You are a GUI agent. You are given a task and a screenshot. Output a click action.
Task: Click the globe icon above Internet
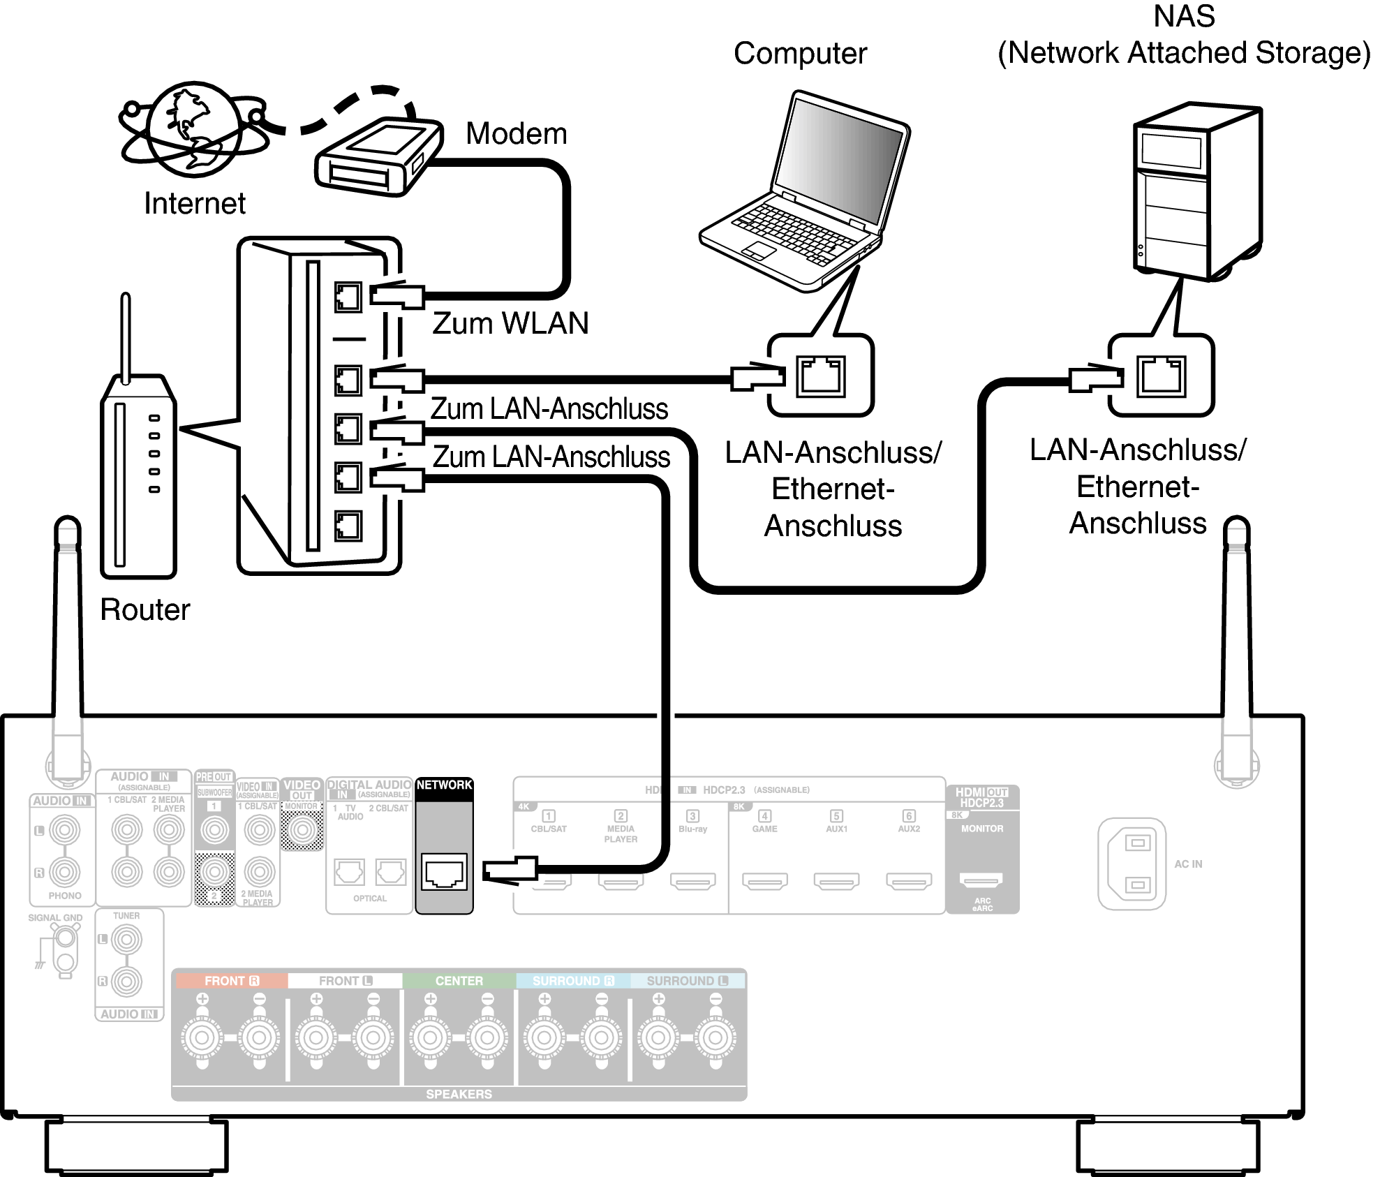pos(191,130)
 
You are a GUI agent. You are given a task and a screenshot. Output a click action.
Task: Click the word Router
pos(144,609)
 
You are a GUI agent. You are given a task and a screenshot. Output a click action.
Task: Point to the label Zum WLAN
pos(510,323)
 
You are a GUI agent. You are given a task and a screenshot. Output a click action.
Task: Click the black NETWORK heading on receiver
pos(444,785)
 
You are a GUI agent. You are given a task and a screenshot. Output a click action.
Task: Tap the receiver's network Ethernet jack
pos(444,873)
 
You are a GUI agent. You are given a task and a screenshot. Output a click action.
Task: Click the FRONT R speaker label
pos(230,981)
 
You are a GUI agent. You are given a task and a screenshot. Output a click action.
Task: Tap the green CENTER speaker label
pos(459,981)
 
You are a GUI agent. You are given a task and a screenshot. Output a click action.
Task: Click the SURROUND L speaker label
pos(687,981)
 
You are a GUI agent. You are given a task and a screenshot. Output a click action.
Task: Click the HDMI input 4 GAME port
pos(764,882)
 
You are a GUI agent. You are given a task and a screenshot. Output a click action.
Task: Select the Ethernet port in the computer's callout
pos(821,376)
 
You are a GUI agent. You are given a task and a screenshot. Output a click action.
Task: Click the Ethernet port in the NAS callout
pos(1161,376)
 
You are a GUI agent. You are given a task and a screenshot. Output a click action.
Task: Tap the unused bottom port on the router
pos(348,526)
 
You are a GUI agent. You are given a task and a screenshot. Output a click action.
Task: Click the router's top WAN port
pos(348,297)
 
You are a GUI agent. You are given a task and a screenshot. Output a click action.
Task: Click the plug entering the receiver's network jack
pos(510,870)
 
